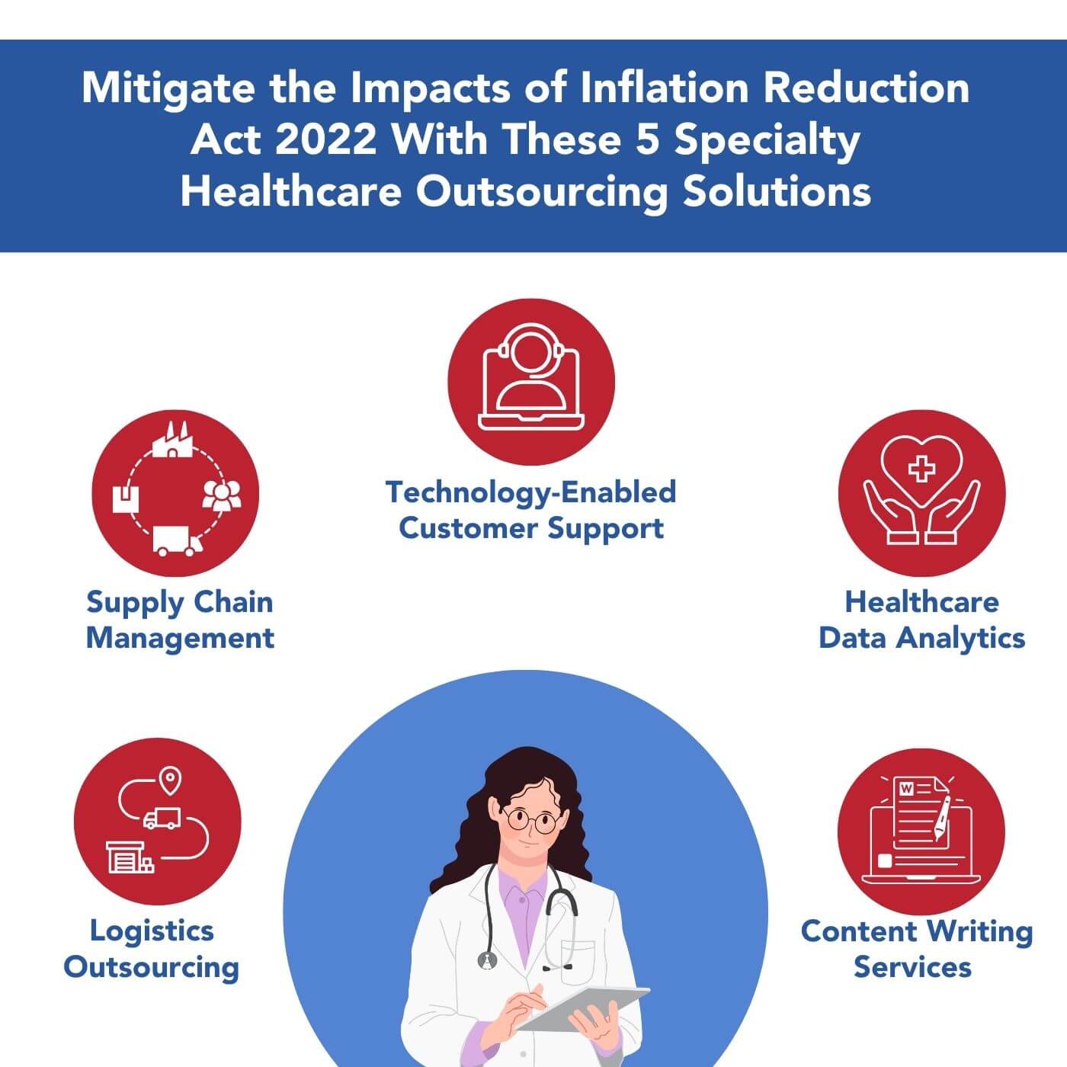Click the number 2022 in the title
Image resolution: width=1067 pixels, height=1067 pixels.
point(325,139)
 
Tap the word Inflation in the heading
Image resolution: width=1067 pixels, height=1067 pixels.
point(665,88)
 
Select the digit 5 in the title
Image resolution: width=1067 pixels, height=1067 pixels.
point(646,139)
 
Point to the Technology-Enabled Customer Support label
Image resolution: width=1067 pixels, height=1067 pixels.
point(531,510)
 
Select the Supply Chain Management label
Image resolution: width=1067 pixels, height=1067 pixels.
point(180,620)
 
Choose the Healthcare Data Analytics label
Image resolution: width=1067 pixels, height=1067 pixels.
point(921,620)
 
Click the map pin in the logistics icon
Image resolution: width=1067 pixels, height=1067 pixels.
point(169,781)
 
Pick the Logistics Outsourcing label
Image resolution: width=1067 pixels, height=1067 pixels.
point(152,949)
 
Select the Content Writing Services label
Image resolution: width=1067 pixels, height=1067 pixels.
point(916,949)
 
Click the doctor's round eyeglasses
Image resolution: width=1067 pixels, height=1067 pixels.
point(530,821)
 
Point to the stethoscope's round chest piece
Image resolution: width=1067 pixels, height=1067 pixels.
point(487,961)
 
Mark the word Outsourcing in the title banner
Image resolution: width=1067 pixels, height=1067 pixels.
point(542,191)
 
